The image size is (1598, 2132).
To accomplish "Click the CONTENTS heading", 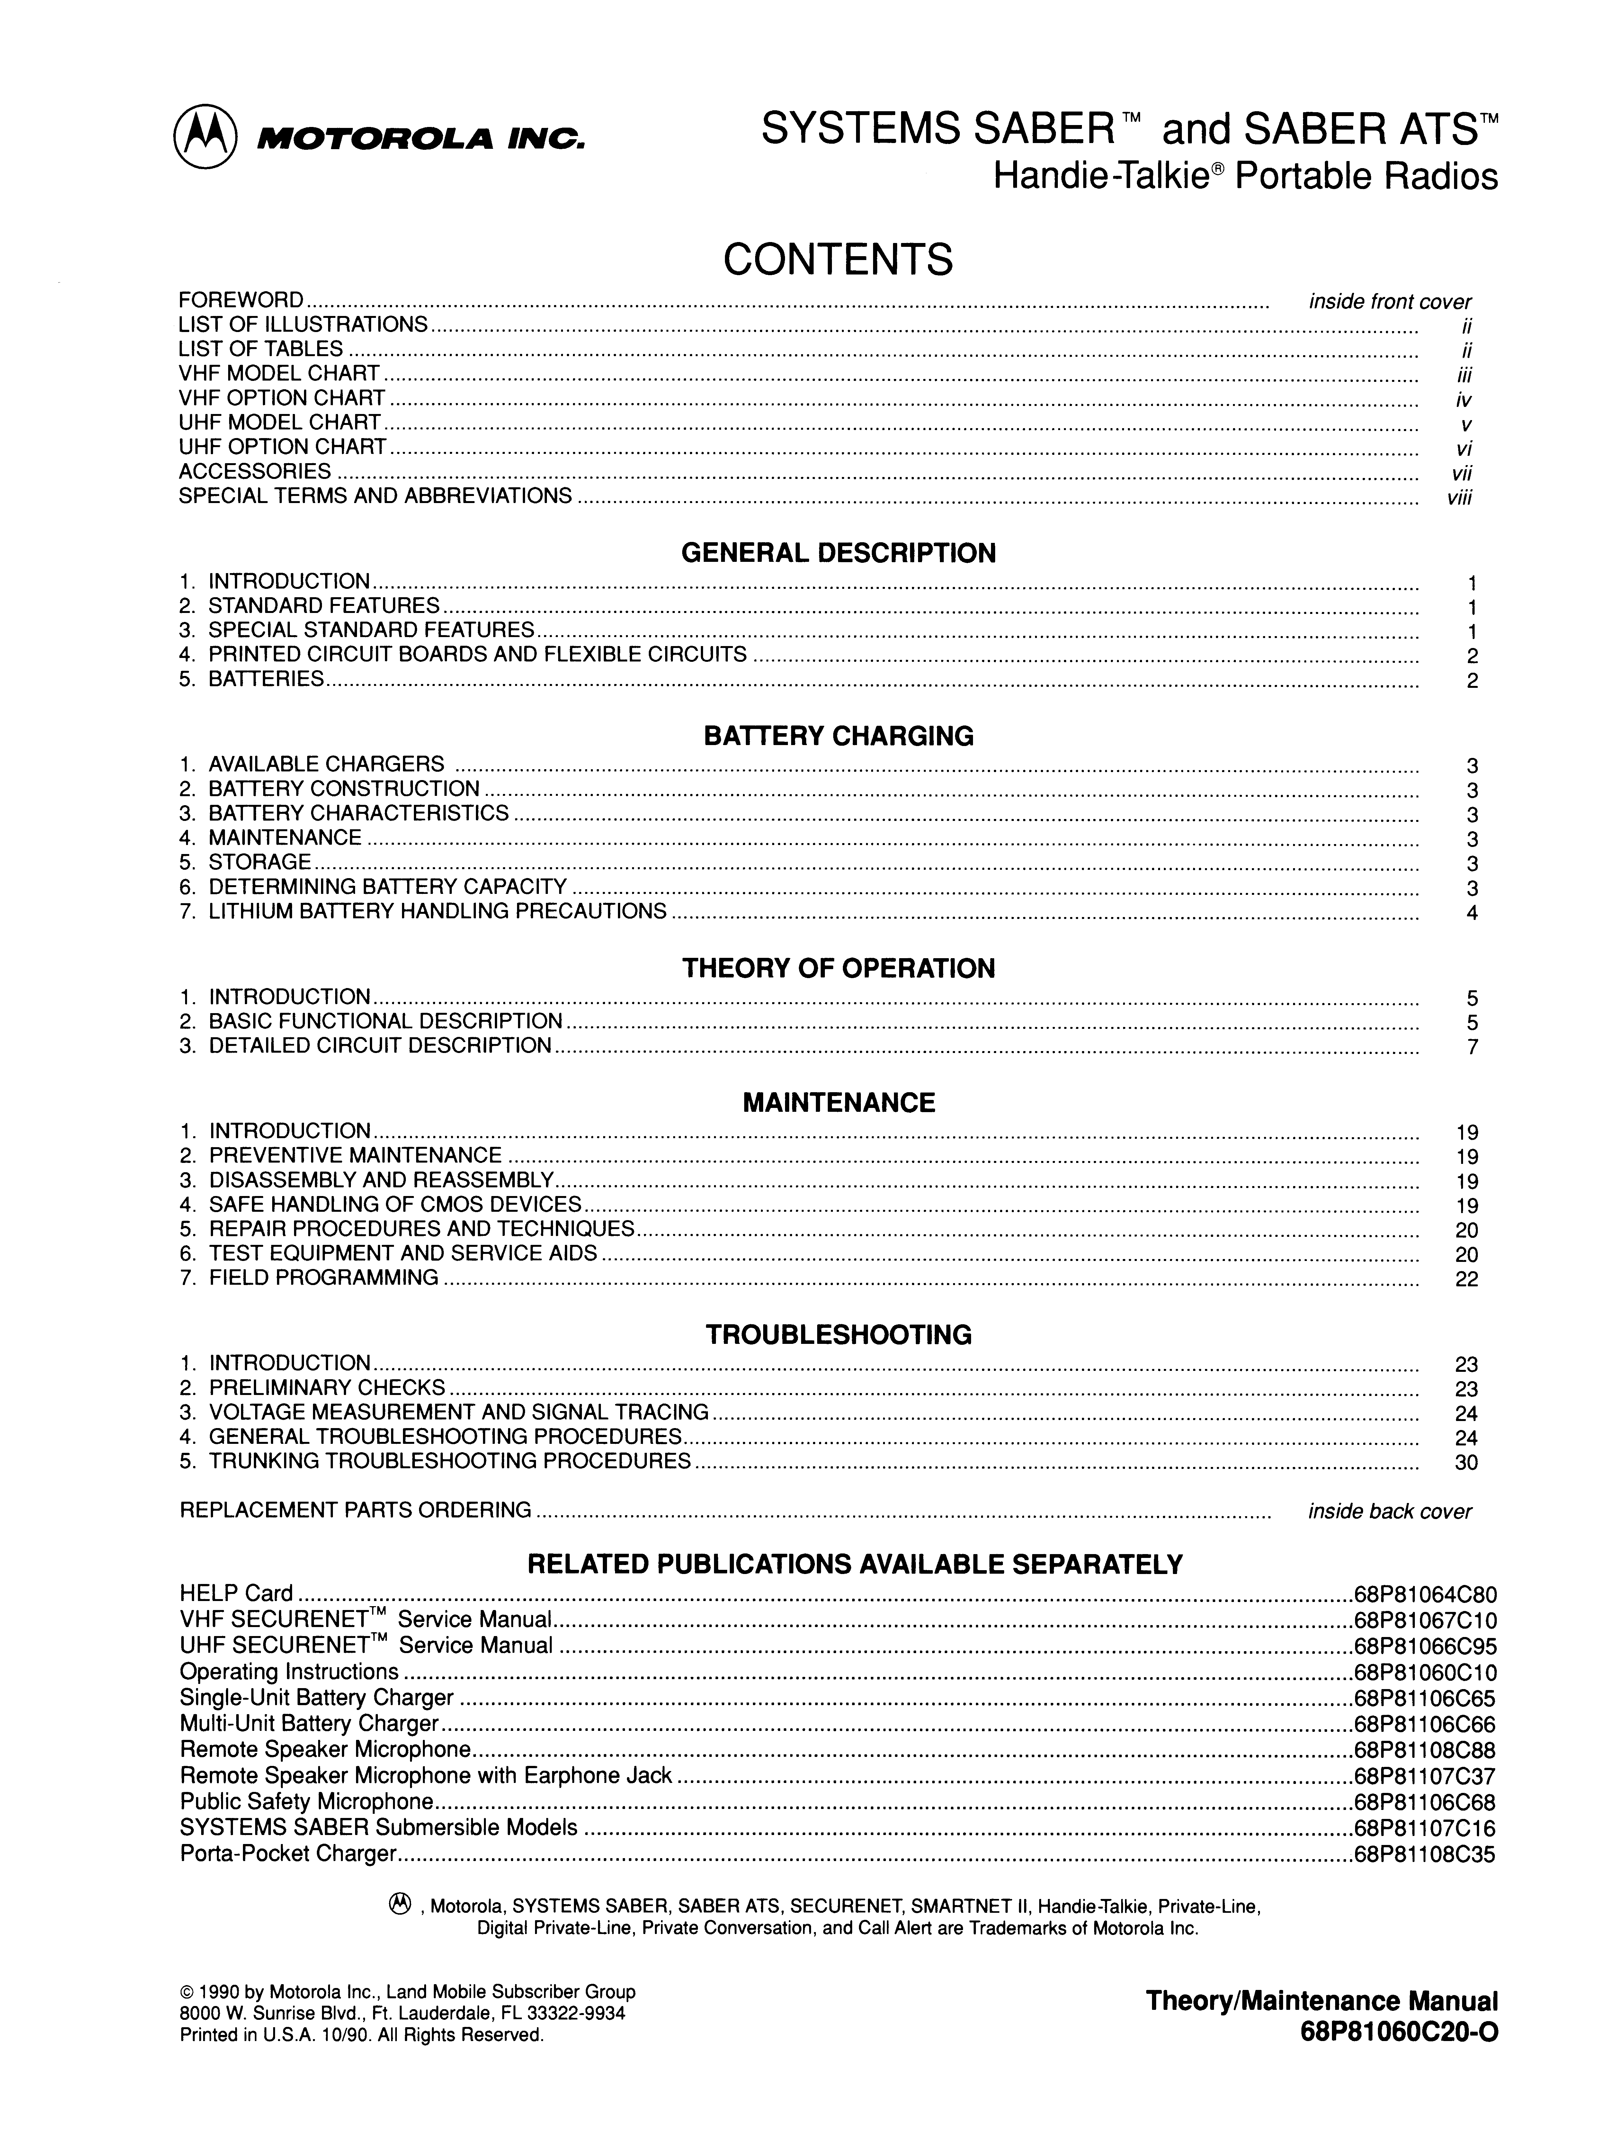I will click(x=837, y=260).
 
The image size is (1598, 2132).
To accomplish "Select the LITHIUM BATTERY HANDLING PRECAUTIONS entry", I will click(x=437, y=912).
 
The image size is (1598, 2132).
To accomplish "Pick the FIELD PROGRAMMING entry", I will click(x=323, y=1278).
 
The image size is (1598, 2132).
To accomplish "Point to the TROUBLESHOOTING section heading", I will click(x=837, y=1335).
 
